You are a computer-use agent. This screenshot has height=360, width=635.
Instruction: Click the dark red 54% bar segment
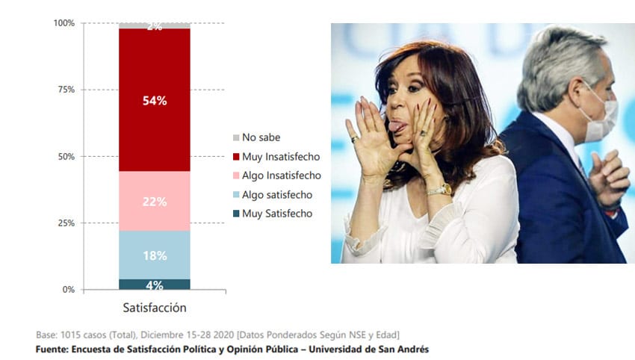[x=155, y=100]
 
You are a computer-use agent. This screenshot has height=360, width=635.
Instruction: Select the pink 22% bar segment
[x=155, y=201]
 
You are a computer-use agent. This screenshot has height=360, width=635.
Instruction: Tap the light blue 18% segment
[x=155, y=255]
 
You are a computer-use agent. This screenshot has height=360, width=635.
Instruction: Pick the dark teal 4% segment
[x=155, y=285]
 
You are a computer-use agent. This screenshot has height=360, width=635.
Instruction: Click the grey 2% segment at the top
[x=155, y=26]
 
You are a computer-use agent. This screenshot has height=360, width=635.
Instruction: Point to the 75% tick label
[x=66, y=90]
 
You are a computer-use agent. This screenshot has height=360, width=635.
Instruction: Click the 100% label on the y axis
[x=64, y=23]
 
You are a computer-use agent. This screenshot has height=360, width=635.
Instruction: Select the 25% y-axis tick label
[x=66, y=223]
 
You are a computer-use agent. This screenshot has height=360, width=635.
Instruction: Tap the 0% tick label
[x=69, y=290]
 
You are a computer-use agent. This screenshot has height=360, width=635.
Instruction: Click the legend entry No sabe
[x=257, y=137]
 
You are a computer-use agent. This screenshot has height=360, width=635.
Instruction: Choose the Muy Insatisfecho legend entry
[x=276, y=157]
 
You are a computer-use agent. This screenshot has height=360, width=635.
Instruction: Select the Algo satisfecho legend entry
[x=273, y=195]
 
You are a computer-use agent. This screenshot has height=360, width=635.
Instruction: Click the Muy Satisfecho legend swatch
[x=236, y=214]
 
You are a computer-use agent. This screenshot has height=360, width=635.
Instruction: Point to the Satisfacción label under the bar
[x=155, y=308]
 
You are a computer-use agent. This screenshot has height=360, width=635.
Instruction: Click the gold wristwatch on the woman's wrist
[x=440, y=190]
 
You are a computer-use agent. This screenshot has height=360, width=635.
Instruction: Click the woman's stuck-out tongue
[x=396, y=126]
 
